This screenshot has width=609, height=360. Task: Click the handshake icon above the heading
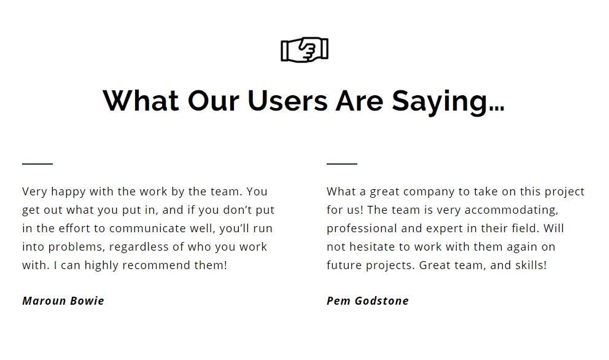304,50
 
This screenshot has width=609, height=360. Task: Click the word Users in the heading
287,101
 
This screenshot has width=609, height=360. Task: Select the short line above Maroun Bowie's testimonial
37,164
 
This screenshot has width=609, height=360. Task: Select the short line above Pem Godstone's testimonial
342,164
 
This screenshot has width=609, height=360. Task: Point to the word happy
68,192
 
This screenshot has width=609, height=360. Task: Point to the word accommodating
511,211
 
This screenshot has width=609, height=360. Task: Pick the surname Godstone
382,301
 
